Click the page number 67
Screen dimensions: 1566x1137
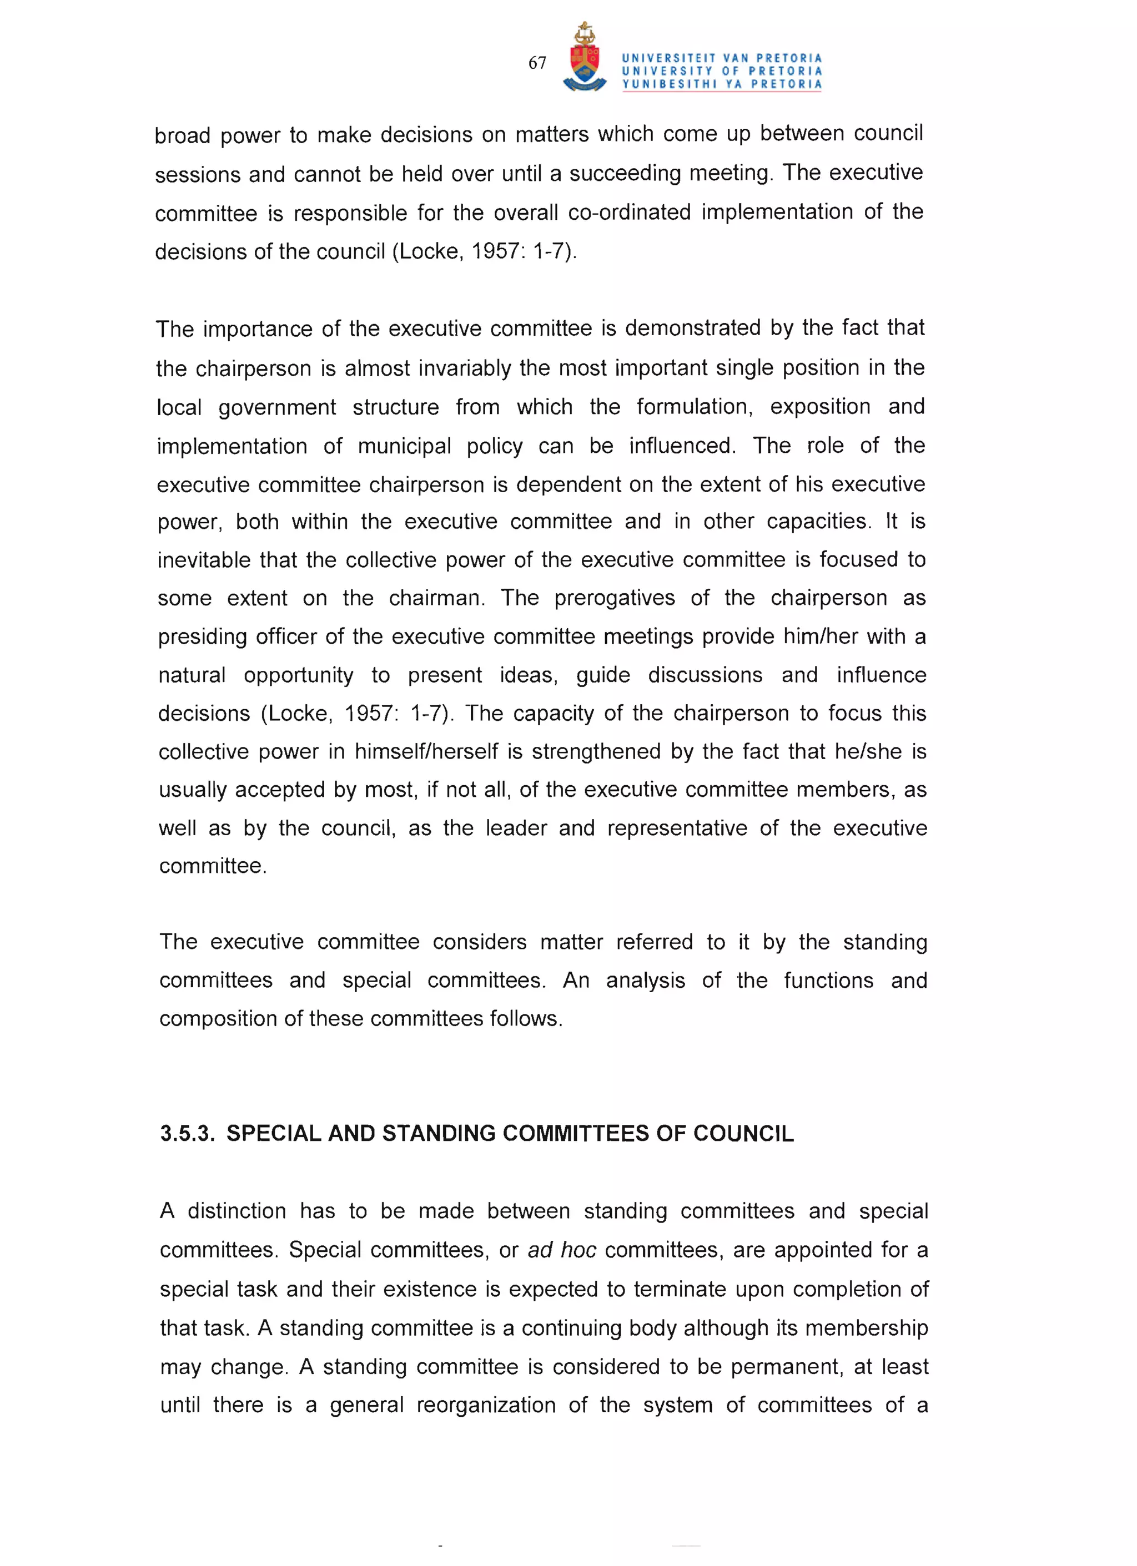(x=537, y=63)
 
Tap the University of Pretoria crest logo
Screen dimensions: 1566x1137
(x=585, y=58)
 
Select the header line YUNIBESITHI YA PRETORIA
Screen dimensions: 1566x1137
(x=722, y=84)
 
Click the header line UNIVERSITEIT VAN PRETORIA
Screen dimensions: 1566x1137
(x=722, y=59)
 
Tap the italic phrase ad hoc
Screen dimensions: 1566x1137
(x=562, y=1250)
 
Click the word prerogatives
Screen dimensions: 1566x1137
(x=614, y=598)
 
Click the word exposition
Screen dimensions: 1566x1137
(x=820, y=407)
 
